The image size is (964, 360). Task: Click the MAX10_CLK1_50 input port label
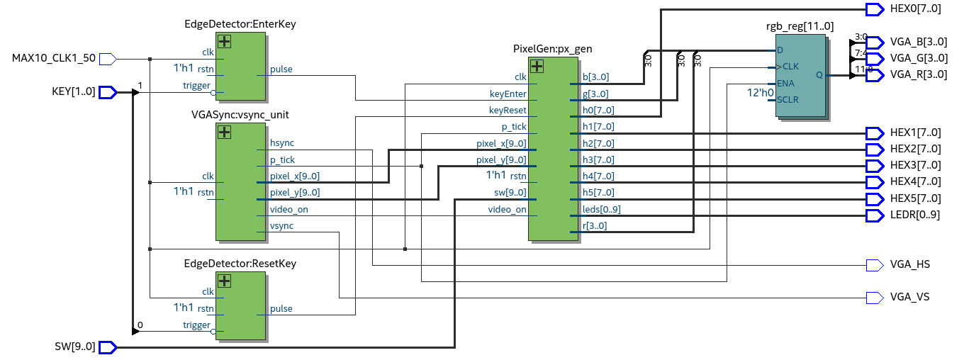[x=54, y=58]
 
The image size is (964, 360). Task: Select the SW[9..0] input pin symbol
[x=107, y=347]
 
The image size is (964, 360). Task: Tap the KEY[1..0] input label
[x=73, y=92]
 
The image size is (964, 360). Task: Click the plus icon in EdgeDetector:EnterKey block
[x=225, y=41]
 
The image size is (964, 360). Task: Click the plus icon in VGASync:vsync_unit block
[x=225, y=132]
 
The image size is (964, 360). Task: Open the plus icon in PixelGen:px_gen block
[x=537, y=67]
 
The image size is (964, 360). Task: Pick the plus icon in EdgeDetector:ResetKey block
[x=225, y=281]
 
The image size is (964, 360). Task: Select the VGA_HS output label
[x=910, y=264]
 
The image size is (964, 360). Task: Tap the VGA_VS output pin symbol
[x=875, y=298]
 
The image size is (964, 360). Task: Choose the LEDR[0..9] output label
[x=914, y=215]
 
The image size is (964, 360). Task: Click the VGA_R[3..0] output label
[x=918, y=74]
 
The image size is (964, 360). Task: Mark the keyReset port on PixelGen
[x=508, y=110]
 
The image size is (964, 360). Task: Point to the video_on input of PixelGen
[x=507, y=209]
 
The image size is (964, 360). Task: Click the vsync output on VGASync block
[x=281, y=225]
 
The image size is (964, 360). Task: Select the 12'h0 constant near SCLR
[x=760, y=92]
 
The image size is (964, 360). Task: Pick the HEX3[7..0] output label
[x=914, y=165]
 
